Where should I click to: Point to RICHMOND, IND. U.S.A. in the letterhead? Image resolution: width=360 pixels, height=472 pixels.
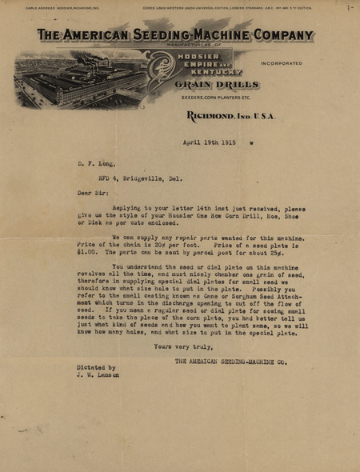click(230, 116)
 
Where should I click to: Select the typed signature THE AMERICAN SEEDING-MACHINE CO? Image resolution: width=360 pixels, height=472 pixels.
click(231, 361)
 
